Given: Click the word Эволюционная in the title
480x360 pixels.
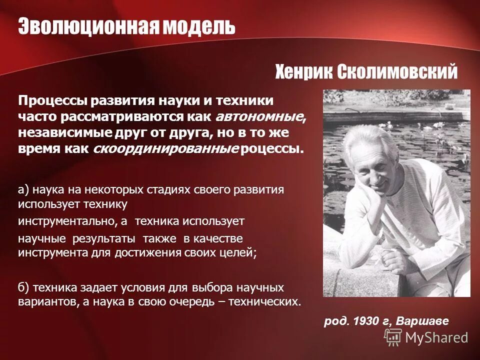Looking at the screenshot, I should [x=89, y=26].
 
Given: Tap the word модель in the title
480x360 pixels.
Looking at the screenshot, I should [x=198, y=26].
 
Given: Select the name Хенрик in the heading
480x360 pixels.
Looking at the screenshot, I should [x=303, y=72].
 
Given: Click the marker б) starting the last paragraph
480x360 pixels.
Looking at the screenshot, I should [x=24, y=288].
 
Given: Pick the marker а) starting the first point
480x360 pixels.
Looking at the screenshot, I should [x=24, y=190].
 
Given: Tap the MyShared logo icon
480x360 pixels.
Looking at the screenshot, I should [x=393, y=337].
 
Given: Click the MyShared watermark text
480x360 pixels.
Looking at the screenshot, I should [x=436, y=338].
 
